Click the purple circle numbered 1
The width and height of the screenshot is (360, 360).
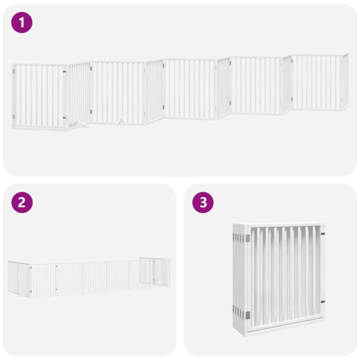pyautogui.click(x=22, y=23)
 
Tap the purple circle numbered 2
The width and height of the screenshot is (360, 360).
pyautogui.click(x=22, y=202)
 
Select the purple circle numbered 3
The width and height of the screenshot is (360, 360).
pyautogui.click(x=203, y=202)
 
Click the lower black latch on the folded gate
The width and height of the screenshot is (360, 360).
pyautogui.click(x=322, y=301)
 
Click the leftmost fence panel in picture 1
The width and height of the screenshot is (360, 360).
pyautogui.click(x=39, y=96)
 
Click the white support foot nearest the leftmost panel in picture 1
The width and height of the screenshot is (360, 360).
pyautogui.click(x=75, y=125)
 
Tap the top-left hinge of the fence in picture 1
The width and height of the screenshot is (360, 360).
pyautogui.click(x=14, y=72)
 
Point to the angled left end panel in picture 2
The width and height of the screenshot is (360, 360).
pyautogui.click(x=19, y=278)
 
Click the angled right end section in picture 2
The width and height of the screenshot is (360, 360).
pyautogui.click(x=155, y=272)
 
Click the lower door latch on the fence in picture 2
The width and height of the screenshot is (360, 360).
pyautogui.click(x=56, y=290)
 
